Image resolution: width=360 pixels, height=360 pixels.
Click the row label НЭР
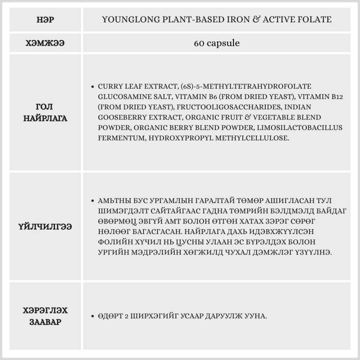45,20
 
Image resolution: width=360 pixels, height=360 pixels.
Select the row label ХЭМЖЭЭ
45,43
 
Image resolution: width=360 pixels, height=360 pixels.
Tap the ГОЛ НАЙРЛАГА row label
45,112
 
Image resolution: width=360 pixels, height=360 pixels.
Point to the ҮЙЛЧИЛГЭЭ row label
45,227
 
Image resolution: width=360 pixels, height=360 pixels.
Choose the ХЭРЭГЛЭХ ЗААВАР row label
45,316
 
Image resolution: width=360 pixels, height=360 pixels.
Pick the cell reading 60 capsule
217,43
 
